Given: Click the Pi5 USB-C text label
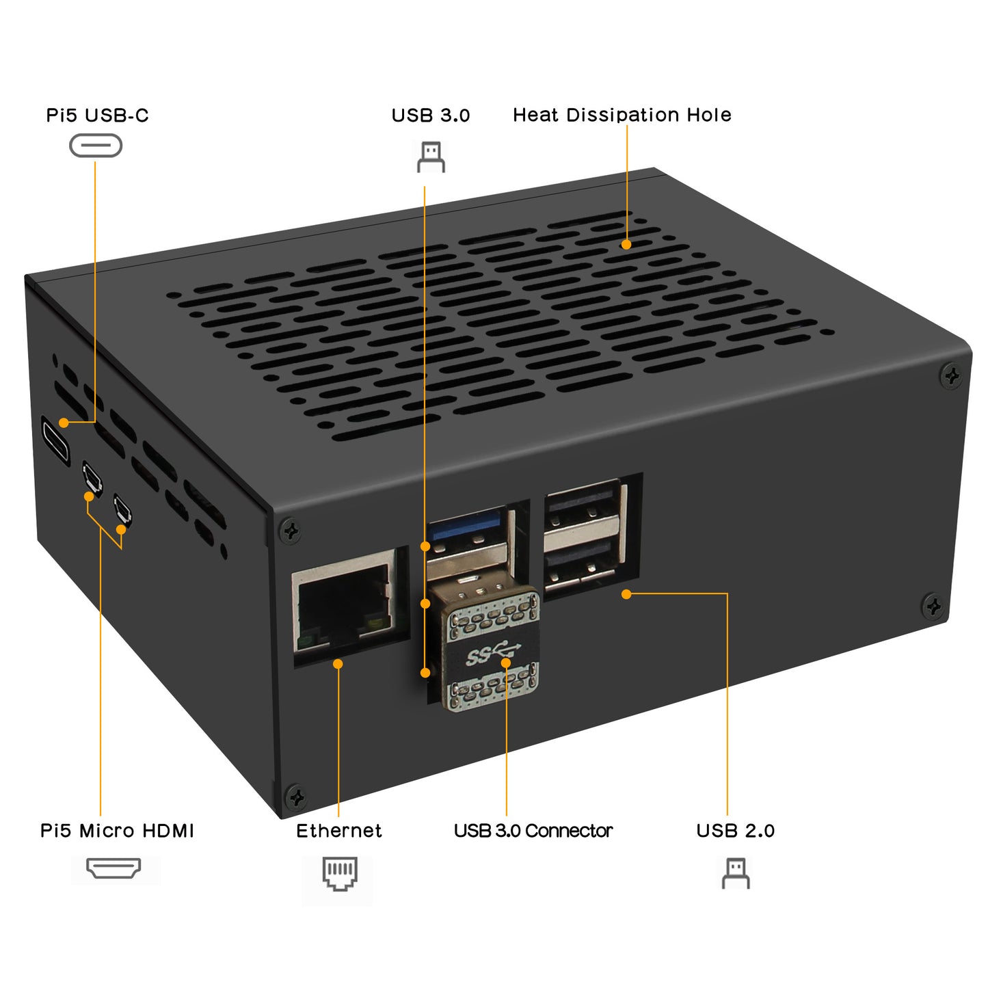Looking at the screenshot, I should point(97,116).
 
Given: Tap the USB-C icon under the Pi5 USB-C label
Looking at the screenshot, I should point(96,146).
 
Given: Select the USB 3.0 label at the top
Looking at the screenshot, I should point(430,116).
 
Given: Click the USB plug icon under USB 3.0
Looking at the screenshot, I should point(431,157).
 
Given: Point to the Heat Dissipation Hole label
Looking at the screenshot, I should point(622,115).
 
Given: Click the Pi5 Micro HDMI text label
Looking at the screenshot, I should point(117,831).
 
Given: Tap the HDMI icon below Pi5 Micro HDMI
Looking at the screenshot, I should point(114,869).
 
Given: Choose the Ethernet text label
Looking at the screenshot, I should point(338,831).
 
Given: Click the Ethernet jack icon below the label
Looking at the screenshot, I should point(340,874).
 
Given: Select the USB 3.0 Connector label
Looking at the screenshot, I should point(533,831).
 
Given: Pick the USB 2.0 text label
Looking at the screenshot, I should point(735,831).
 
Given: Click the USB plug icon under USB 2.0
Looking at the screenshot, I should point(736,873).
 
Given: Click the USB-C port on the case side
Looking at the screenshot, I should point(55,440).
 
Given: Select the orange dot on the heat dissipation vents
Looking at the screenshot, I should point(626,244).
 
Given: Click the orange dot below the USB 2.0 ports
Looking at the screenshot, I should point(626,594).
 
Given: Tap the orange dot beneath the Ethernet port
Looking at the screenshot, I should point(338,664).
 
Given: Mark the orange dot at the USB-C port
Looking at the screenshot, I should point(64,423).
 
